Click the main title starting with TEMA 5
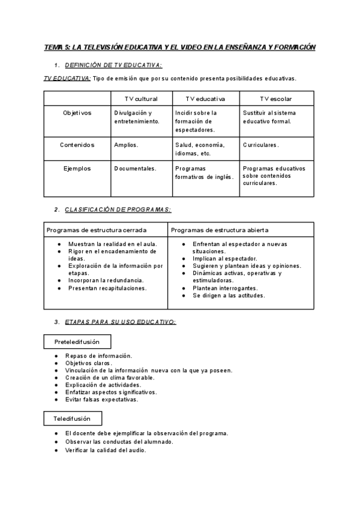coord(179,47)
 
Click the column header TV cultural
coord(141,98)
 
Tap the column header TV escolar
coord(276,98)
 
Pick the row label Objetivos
coord(77,113)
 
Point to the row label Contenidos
coord(77,145)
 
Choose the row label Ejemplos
coord(77,169)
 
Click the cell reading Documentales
coord(135,169)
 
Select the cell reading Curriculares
coord(261,145)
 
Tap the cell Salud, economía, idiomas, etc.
coord(200,149)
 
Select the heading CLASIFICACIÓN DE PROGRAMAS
coord(118,209)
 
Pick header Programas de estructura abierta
coord(220,230)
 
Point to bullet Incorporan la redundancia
coord(106,280)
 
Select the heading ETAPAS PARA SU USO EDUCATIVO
coord(120,322)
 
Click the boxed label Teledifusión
coord(73,418)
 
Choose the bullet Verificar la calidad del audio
coord(106,450)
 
